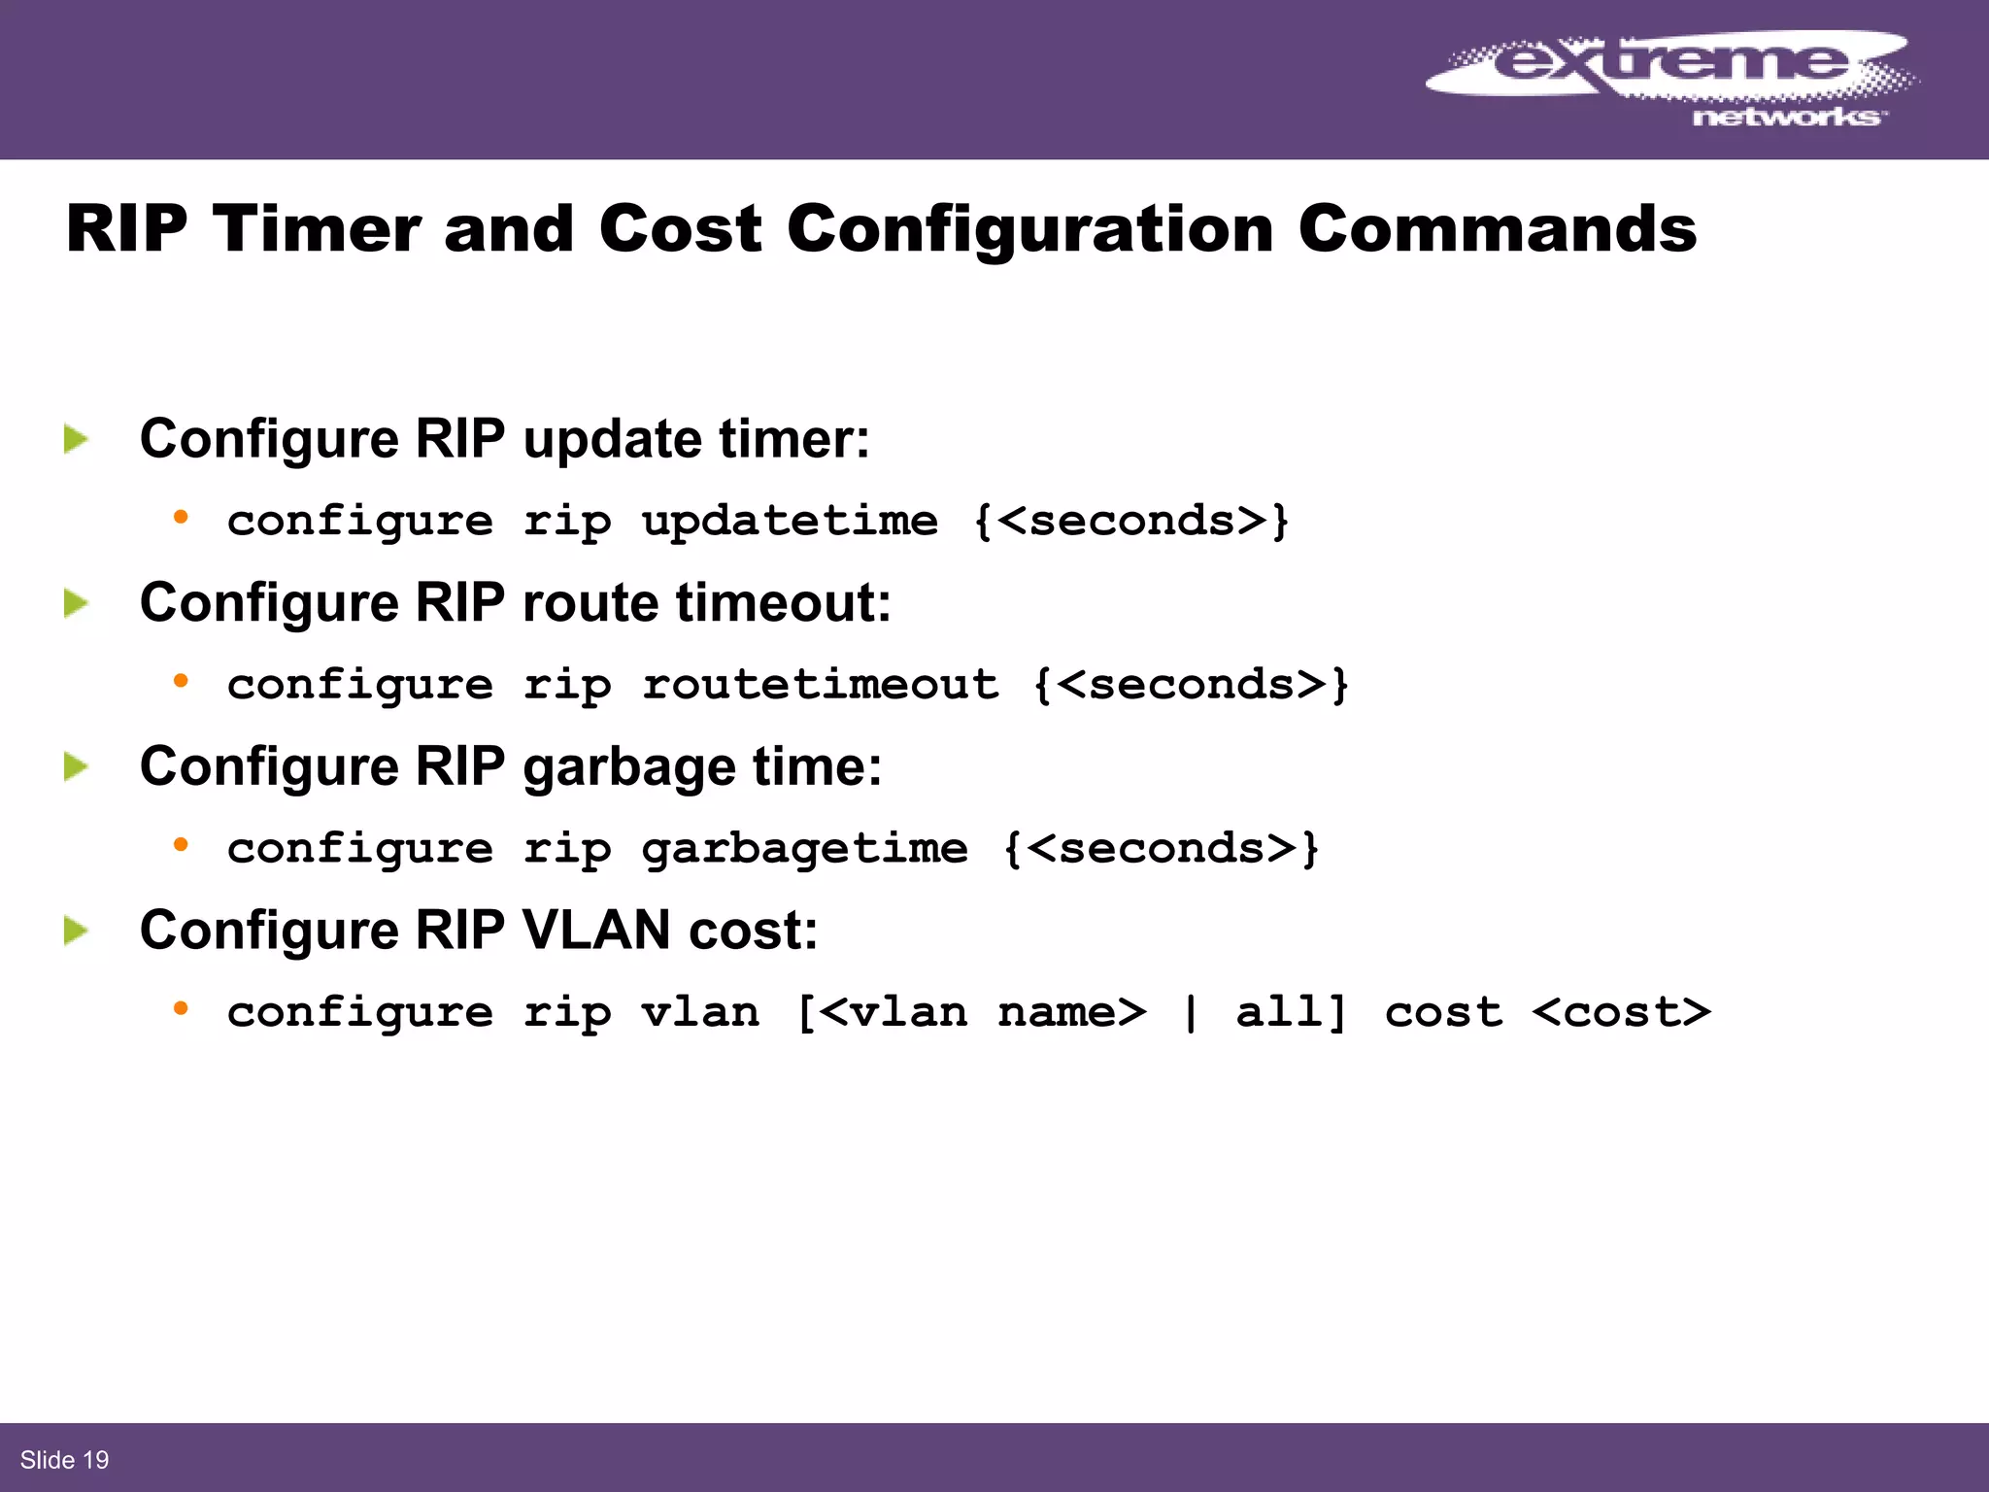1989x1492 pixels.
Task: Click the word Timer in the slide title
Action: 317,230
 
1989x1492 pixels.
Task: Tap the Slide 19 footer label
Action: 64,1460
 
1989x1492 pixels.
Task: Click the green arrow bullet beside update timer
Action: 76,439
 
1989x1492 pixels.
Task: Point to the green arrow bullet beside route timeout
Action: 76,603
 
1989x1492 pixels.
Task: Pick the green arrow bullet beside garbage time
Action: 76,767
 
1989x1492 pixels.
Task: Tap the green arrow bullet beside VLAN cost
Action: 76,932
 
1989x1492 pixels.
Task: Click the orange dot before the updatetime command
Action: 181,518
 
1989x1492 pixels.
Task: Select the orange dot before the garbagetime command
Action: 181,845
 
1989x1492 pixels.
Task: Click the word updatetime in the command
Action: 790,522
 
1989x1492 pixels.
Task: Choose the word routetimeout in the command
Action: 820,686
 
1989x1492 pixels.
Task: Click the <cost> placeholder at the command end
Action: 1621,1013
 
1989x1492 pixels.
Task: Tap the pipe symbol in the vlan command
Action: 1191,1013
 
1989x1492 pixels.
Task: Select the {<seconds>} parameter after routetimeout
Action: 1191,686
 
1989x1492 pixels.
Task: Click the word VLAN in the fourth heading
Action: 595,931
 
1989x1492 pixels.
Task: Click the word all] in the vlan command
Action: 1292,1013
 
